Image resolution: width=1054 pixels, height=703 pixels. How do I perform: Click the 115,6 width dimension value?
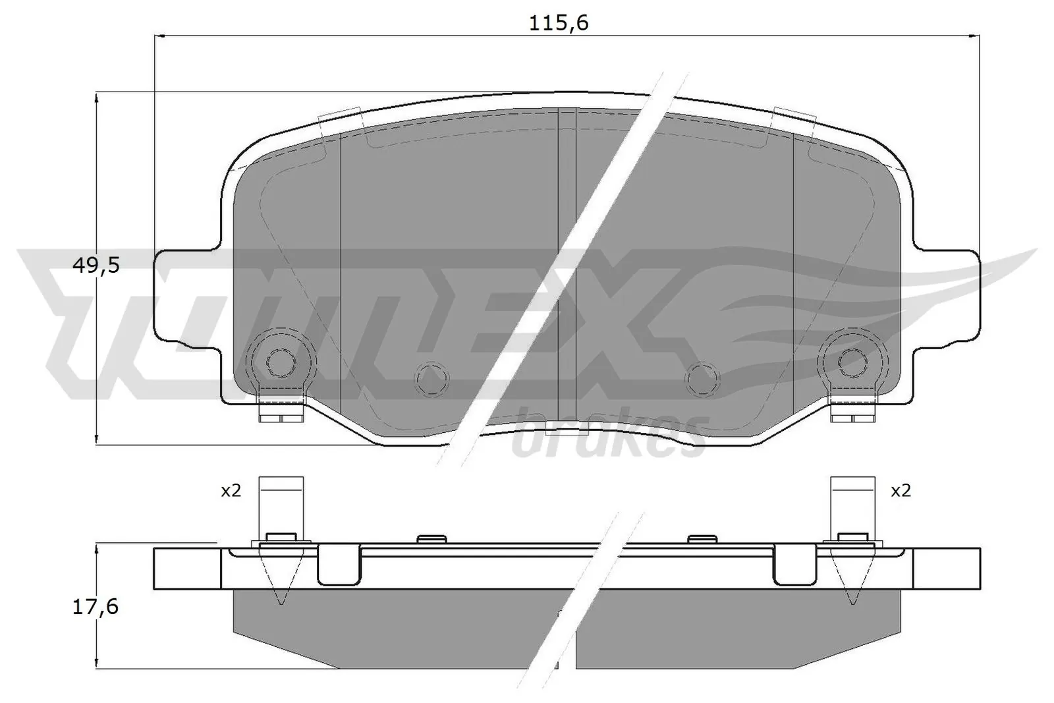[559, 23]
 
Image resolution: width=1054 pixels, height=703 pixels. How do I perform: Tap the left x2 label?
[231, 491]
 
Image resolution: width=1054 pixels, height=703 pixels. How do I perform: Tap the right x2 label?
[900, 491]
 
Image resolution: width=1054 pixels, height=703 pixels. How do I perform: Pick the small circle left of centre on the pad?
[431, 379]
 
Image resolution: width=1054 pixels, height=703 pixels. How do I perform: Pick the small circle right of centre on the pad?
[702, 379]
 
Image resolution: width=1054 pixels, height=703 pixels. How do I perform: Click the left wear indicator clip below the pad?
[281, 412]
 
